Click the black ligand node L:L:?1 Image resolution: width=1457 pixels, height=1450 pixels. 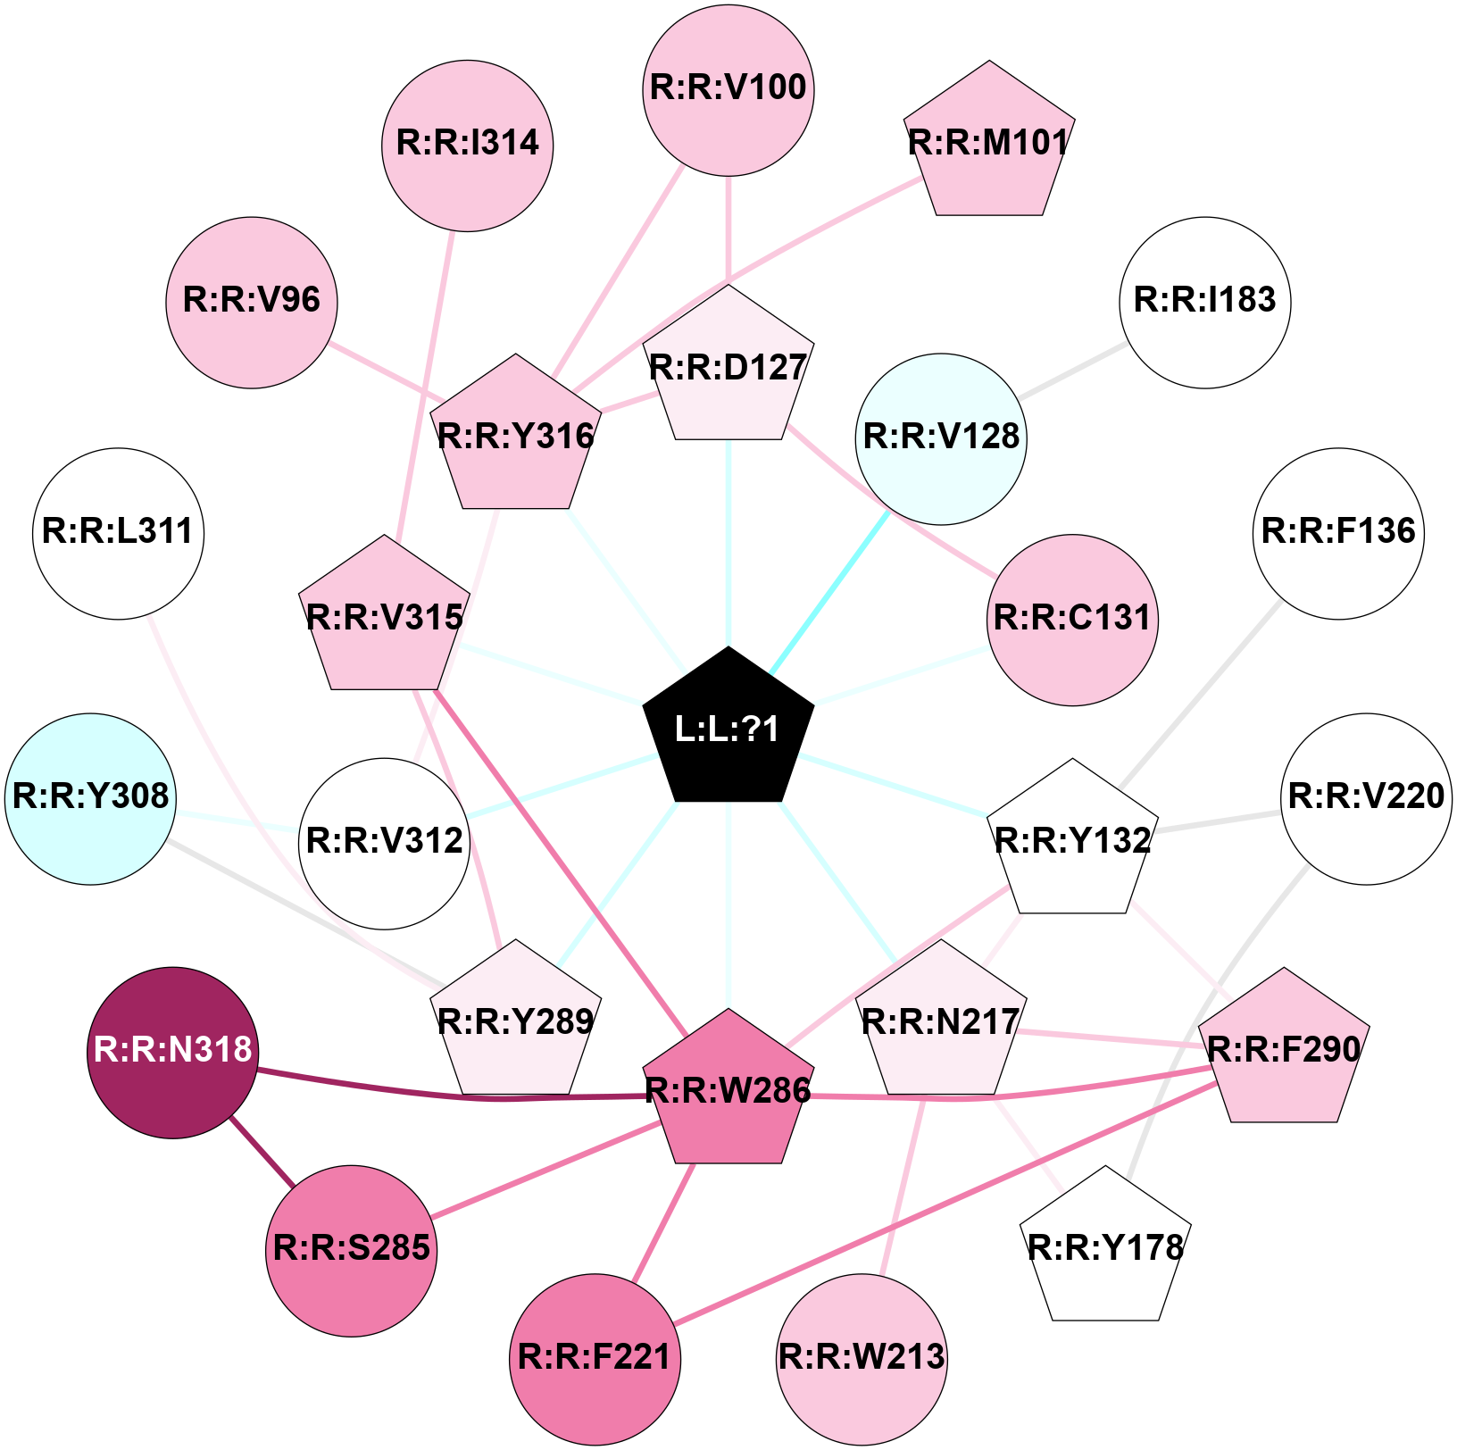(x=728, y=729)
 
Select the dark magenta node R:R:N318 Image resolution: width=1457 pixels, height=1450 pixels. (x=173, y=1052)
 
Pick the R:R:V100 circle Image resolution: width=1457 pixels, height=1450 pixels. (x=728, y=89)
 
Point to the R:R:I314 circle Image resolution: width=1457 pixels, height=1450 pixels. (x=468, y=145)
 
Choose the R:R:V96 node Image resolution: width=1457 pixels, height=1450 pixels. (x=252, y=302)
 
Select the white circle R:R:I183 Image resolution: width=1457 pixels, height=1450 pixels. (x=1205, y=302)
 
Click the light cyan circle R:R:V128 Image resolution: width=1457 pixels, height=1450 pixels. (x=941, y=438)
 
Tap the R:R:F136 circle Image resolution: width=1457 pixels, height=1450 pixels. (x=1338, y=533)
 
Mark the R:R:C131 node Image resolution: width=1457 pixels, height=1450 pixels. (x=1072, y=620)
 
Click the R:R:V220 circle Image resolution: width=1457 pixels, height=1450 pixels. (x=1367, y=797)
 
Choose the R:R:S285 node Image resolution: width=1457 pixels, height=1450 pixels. (x=352, y=1249)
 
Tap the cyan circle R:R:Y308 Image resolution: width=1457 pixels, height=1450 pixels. (x=91, y=797)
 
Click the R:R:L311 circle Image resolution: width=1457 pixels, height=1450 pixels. (x=119, y=533)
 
